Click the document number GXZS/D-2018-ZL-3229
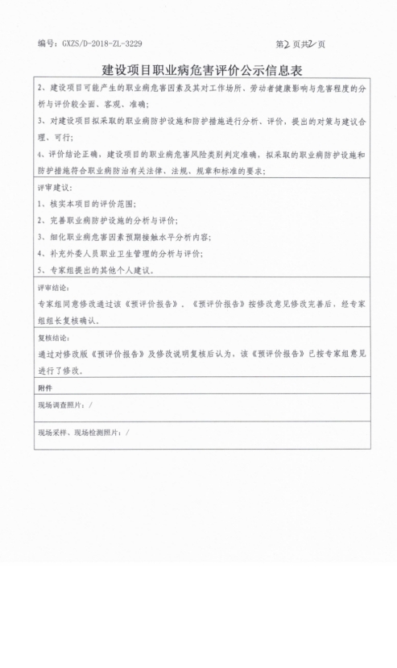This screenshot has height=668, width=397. (96, 43)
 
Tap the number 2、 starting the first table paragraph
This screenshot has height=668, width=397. (43, 86)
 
